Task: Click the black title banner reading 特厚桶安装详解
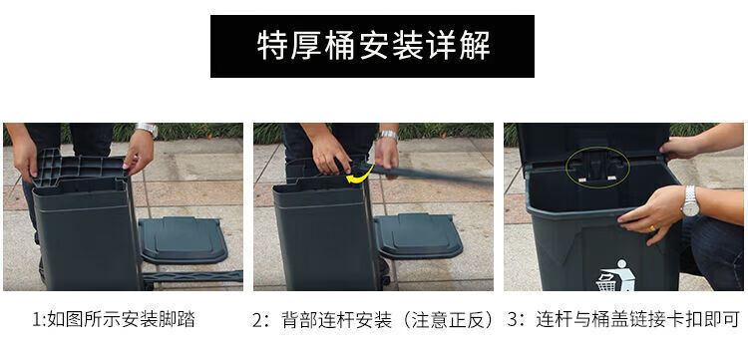point(372,46)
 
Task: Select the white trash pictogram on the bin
point(616,275)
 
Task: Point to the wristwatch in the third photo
point(690,201)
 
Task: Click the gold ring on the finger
point(652,228)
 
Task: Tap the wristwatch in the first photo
point(146,129)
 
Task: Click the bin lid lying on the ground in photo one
point(183,240)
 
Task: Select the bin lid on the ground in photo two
point(418,236)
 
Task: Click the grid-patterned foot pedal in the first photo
point(79,168)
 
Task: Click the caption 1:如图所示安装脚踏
point(114,319)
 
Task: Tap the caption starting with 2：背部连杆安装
point(374,319)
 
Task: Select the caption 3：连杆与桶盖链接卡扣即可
point(623,319)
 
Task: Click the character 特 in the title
point(272,46)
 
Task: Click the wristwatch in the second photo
point(389,135)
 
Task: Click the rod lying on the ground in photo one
point(192,276)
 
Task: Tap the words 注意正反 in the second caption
point(448,319)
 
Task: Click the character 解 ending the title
point(475,46)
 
